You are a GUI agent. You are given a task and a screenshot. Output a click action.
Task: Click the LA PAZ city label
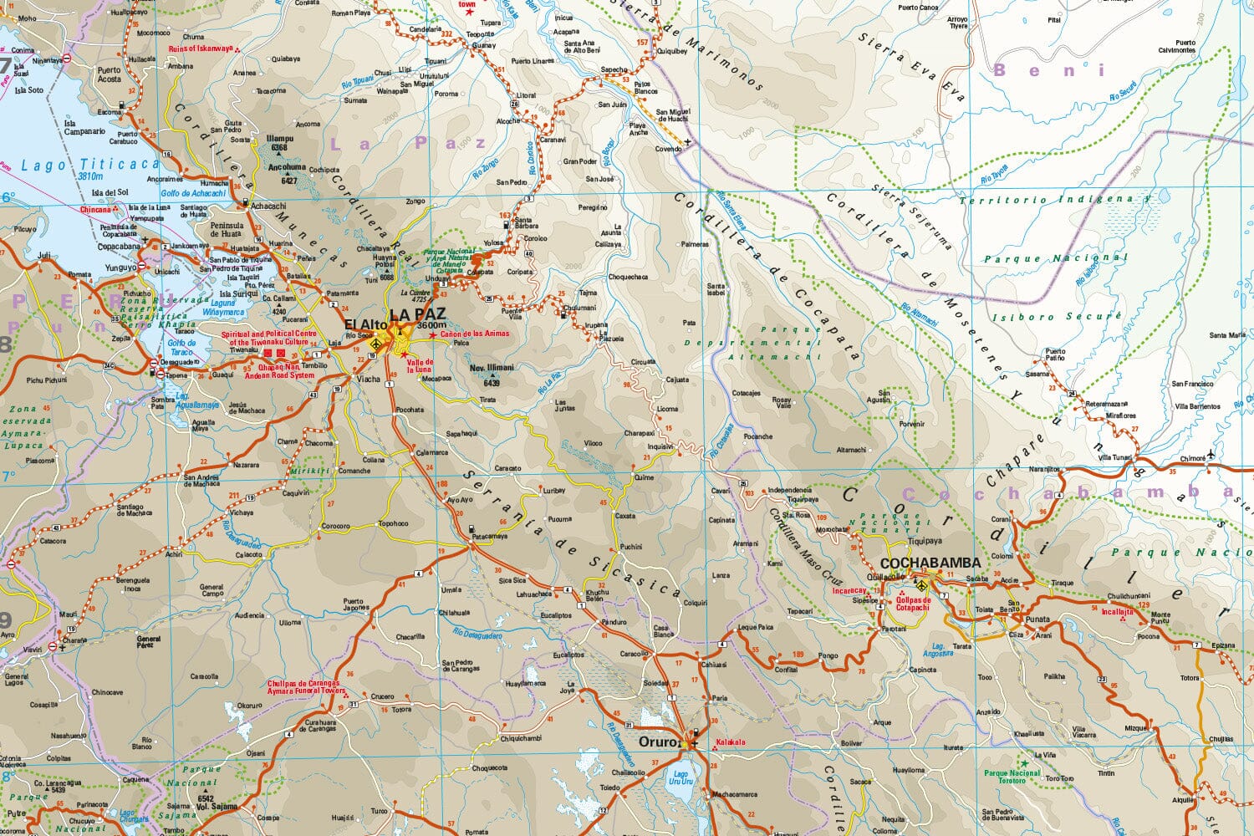point(417,314)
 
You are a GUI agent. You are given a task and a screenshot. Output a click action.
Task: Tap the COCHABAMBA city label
point(930,563)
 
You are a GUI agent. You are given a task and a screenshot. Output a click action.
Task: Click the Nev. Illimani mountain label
point(491,368)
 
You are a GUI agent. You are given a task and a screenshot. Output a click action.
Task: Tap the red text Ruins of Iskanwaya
point(201,48)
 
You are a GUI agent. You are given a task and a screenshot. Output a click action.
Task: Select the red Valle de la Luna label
point(420,365)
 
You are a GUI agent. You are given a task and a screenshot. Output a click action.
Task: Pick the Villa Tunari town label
point(1115,457)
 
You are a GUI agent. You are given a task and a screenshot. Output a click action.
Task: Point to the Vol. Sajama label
point(217,807)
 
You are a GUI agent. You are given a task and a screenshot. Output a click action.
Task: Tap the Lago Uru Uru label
point(681,777)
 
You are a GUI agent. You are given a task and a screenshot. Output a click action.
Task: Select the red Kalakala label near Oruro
point(730,742)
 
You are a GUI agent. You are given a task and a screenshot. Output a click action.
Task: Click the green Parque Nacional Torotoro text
point(1012,776)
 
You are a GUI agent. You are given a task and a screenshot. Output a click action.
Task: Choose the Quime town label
point(644,477)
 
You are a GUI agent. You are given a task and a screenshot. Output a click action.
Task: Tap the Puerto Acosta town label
point(109,75)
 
